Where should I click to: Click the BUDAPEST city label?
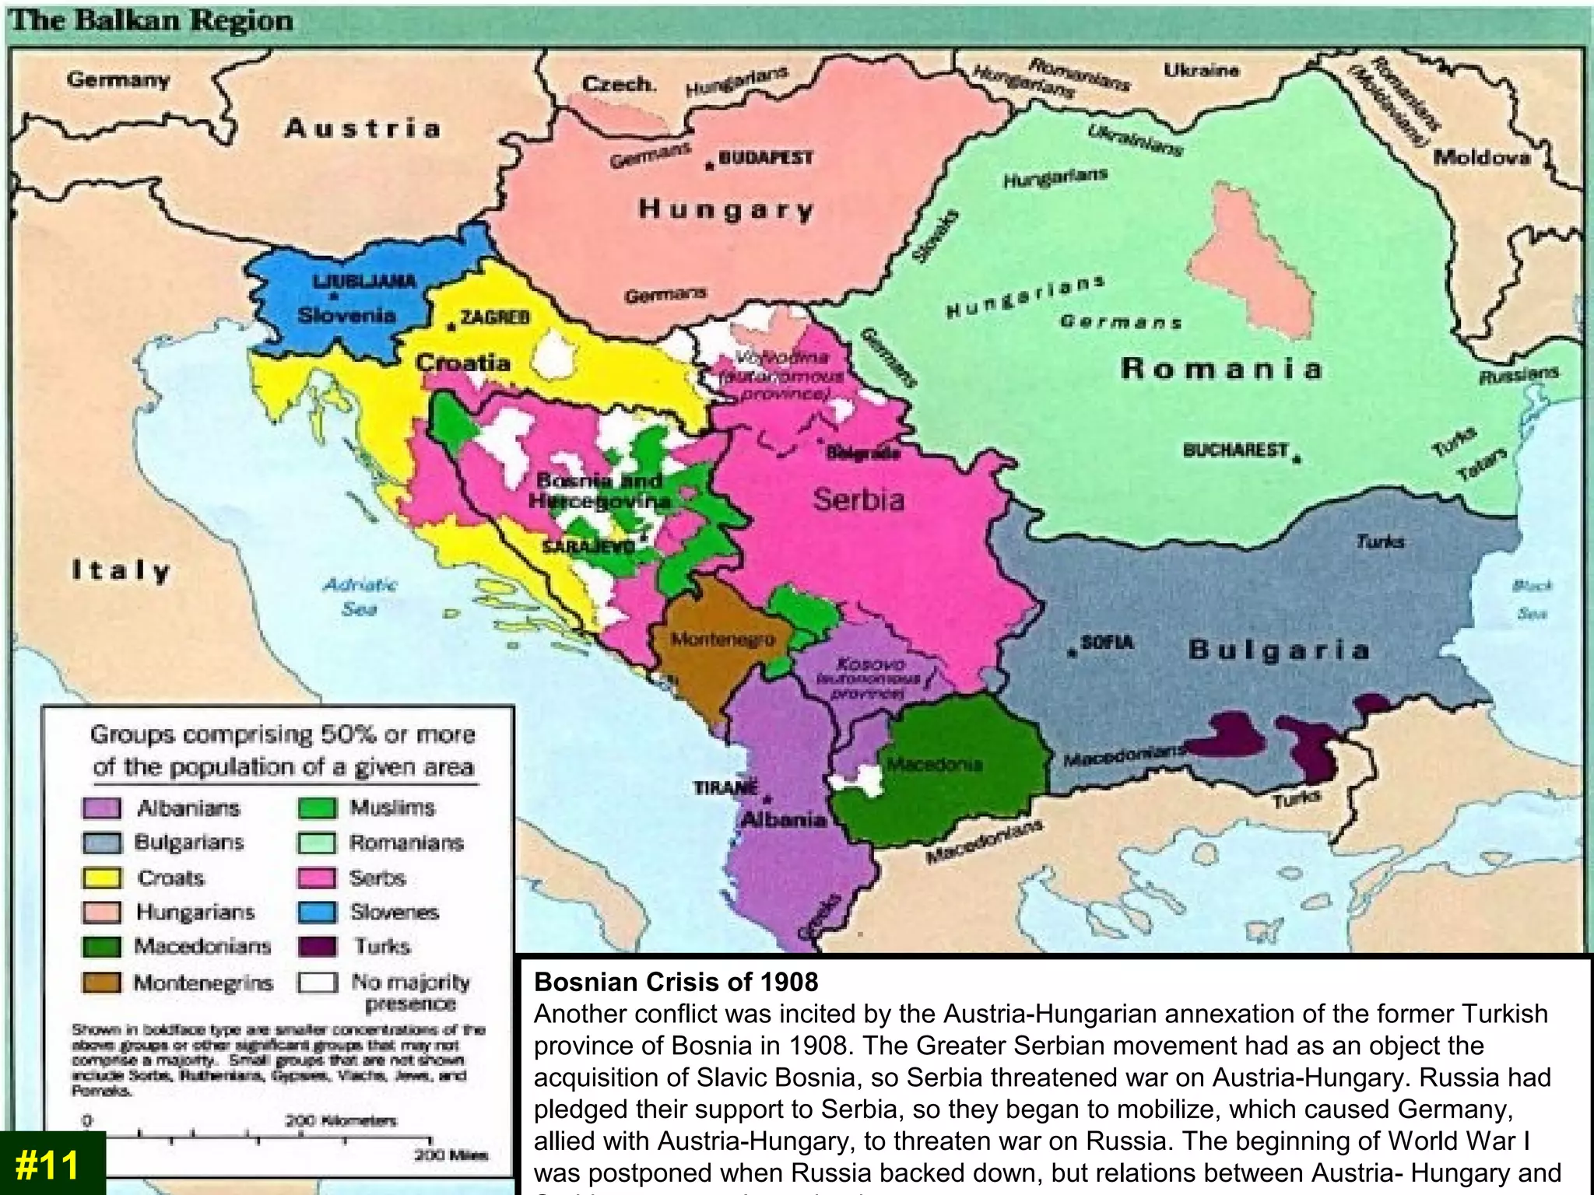[765, 158]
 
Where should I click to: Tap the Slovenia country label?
[346, 315]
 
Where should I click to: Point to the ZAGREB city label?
[495, 317]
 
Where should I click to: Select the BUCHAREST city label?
[1235, 450]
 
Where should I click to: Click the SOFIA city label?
[1107, 643]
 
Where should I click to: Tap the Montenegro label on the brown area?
[723, 640]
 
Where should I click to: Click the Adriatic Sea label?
[360, 596]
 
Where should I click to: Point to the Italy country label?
[121, 571]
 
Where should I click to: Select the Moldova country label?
[1482, 158]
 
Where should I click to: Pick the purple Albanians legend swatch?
[102, 808]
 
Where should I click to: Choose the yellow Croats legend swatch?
[102, 878]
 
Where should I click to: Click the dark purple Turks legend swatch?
[318, 946]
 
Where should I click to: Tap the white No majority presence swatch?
[318, 983]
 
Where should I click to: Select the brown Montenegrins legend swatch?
[102, 983]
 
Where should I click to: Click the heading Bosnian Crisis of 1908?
[676, 982]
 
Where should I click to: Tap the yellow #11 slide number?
[48, 1165]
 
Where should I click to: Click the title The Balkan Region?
[153, 20]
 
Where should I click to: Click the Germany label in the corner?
[118, 79]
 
